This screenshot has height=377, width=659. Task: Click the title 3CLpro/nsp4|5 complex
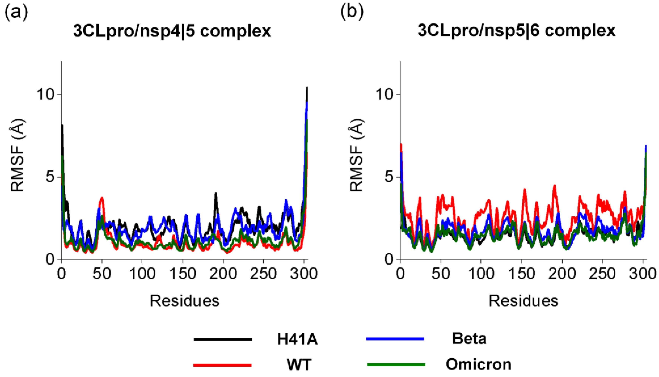coord(172,31)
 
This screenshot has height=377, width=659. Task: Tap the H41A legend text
coord(297,339)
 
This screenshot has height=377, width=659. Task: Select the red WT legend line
coord(222,365)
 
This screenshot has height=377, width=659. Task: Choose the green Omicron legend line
coord(396,365)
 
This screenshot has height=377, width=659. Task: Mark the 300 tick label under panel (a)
coord(304,274)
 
